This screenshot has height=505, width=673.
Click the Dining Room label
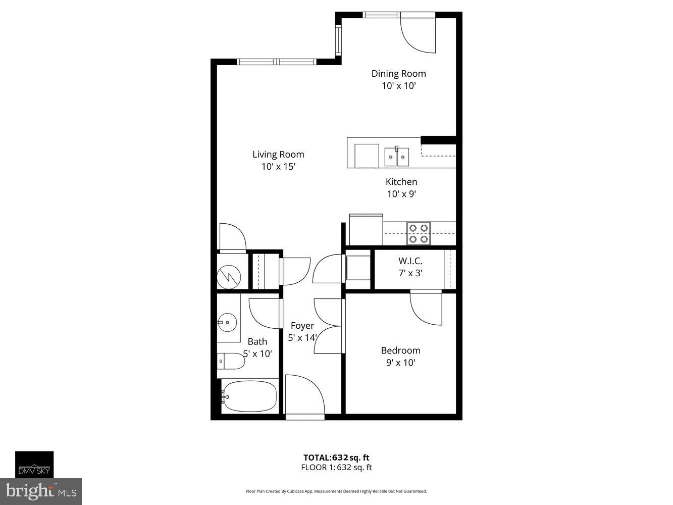pos(398,74)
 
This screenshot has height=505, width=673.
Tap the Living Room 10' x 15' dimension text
pos(278,167)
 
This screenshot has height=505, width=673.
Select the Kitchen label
pos(401,182)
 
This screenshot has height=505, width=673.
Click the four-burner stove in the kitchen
pos(419,233)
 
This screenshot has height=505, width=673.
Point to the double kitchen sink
pos(397,157)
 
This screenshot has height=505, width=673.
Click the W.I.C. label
pos(410,261)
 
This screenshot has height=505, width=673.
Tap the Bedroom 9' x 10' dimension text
pos(400,363)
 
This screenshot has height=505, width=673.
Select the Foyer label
pos(302,326)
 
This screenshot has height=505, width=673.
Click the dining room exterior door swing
pos(418,35)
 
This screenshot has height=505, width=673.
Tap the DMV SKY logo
pos(34,465)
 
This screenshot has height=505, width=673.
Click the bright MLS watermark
pos(41,491)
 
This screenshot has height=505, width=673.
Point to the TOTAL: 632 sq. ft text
pos(336,458)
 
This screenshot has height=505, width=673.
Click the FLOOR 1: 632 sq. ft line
pos(336,468)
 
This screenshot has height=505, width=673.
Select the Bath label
pos(257,341)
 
